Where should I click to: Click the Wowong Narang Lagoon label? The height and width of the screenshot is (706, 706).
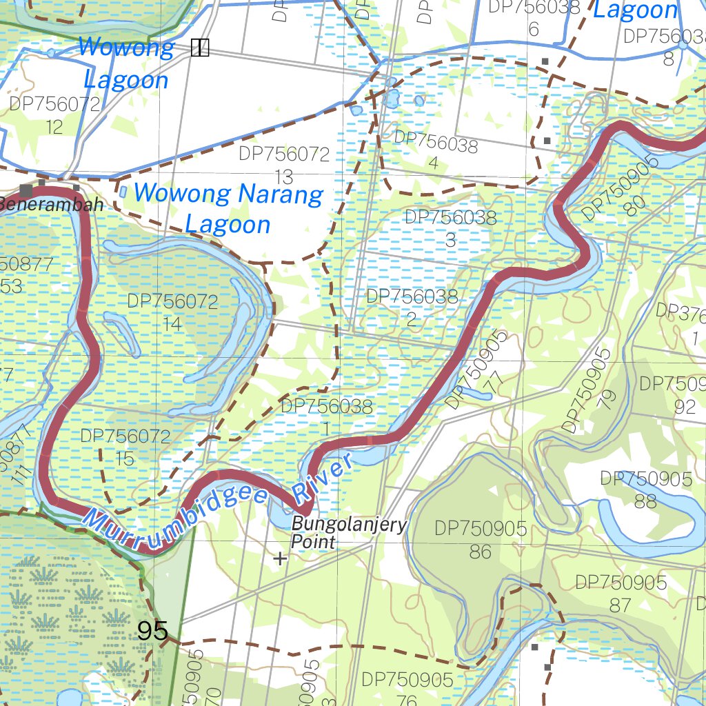pyautogui.click(x=228, y=209)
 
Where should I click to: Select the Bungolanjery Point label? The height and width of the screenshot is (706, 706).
pyautogui.click(x=348, y=532)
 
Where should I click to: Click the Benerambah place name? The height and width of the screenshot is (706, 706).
pyautogui.click(x=52, y=205)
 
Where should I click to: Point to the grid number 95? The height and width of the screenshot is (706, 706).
pyautogui.click(x=152, y=630)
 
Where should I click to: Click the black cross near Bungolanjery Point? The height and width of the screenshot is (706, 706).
pyautogui.click(x=280, y=558)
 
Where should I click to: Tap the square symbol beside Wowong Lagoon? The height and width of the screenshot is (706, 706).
pyautogui.click(x=199, y=48)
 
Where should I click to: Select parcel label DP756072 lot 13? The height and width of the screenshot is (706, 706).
pyautogui.click(x=284, y=164)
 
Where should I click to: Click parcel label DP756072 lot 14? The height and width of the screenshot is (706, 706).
pyautogui.click(x=172, y=312)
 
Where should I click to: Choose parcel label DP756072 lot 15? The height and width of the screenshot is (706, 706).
pyautogui.click(x=125, y=447)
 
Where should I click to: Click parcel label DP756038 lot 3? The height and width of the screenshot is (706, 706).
pyautogui.click(x=450, y=228)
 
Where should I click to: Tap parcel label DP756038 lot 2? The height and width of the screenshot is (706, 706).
pyautogui.click(x=412, y=307)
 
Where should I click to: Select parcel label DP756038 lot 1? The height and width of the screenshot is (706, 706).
pyautogui.click(x=326, y=416)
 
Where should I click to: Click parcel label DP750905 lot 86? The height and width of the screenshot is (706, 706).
pyautogui.click(x=481, y=539)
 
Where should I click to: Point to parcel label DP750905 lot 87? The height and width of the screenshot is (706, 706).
pyautogui.click(x=621, y=593)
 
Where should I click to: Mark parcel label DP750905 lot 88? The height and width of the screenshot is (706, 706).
pyautogui.click(x=646, y=490)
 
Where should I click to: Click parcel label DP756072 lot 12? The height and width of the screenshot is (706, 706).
pyautogui.click(x=54, y=115)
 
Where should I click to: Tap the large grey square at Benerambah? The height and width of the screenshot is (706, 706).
pyautogui.click(x=27, y=190)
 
